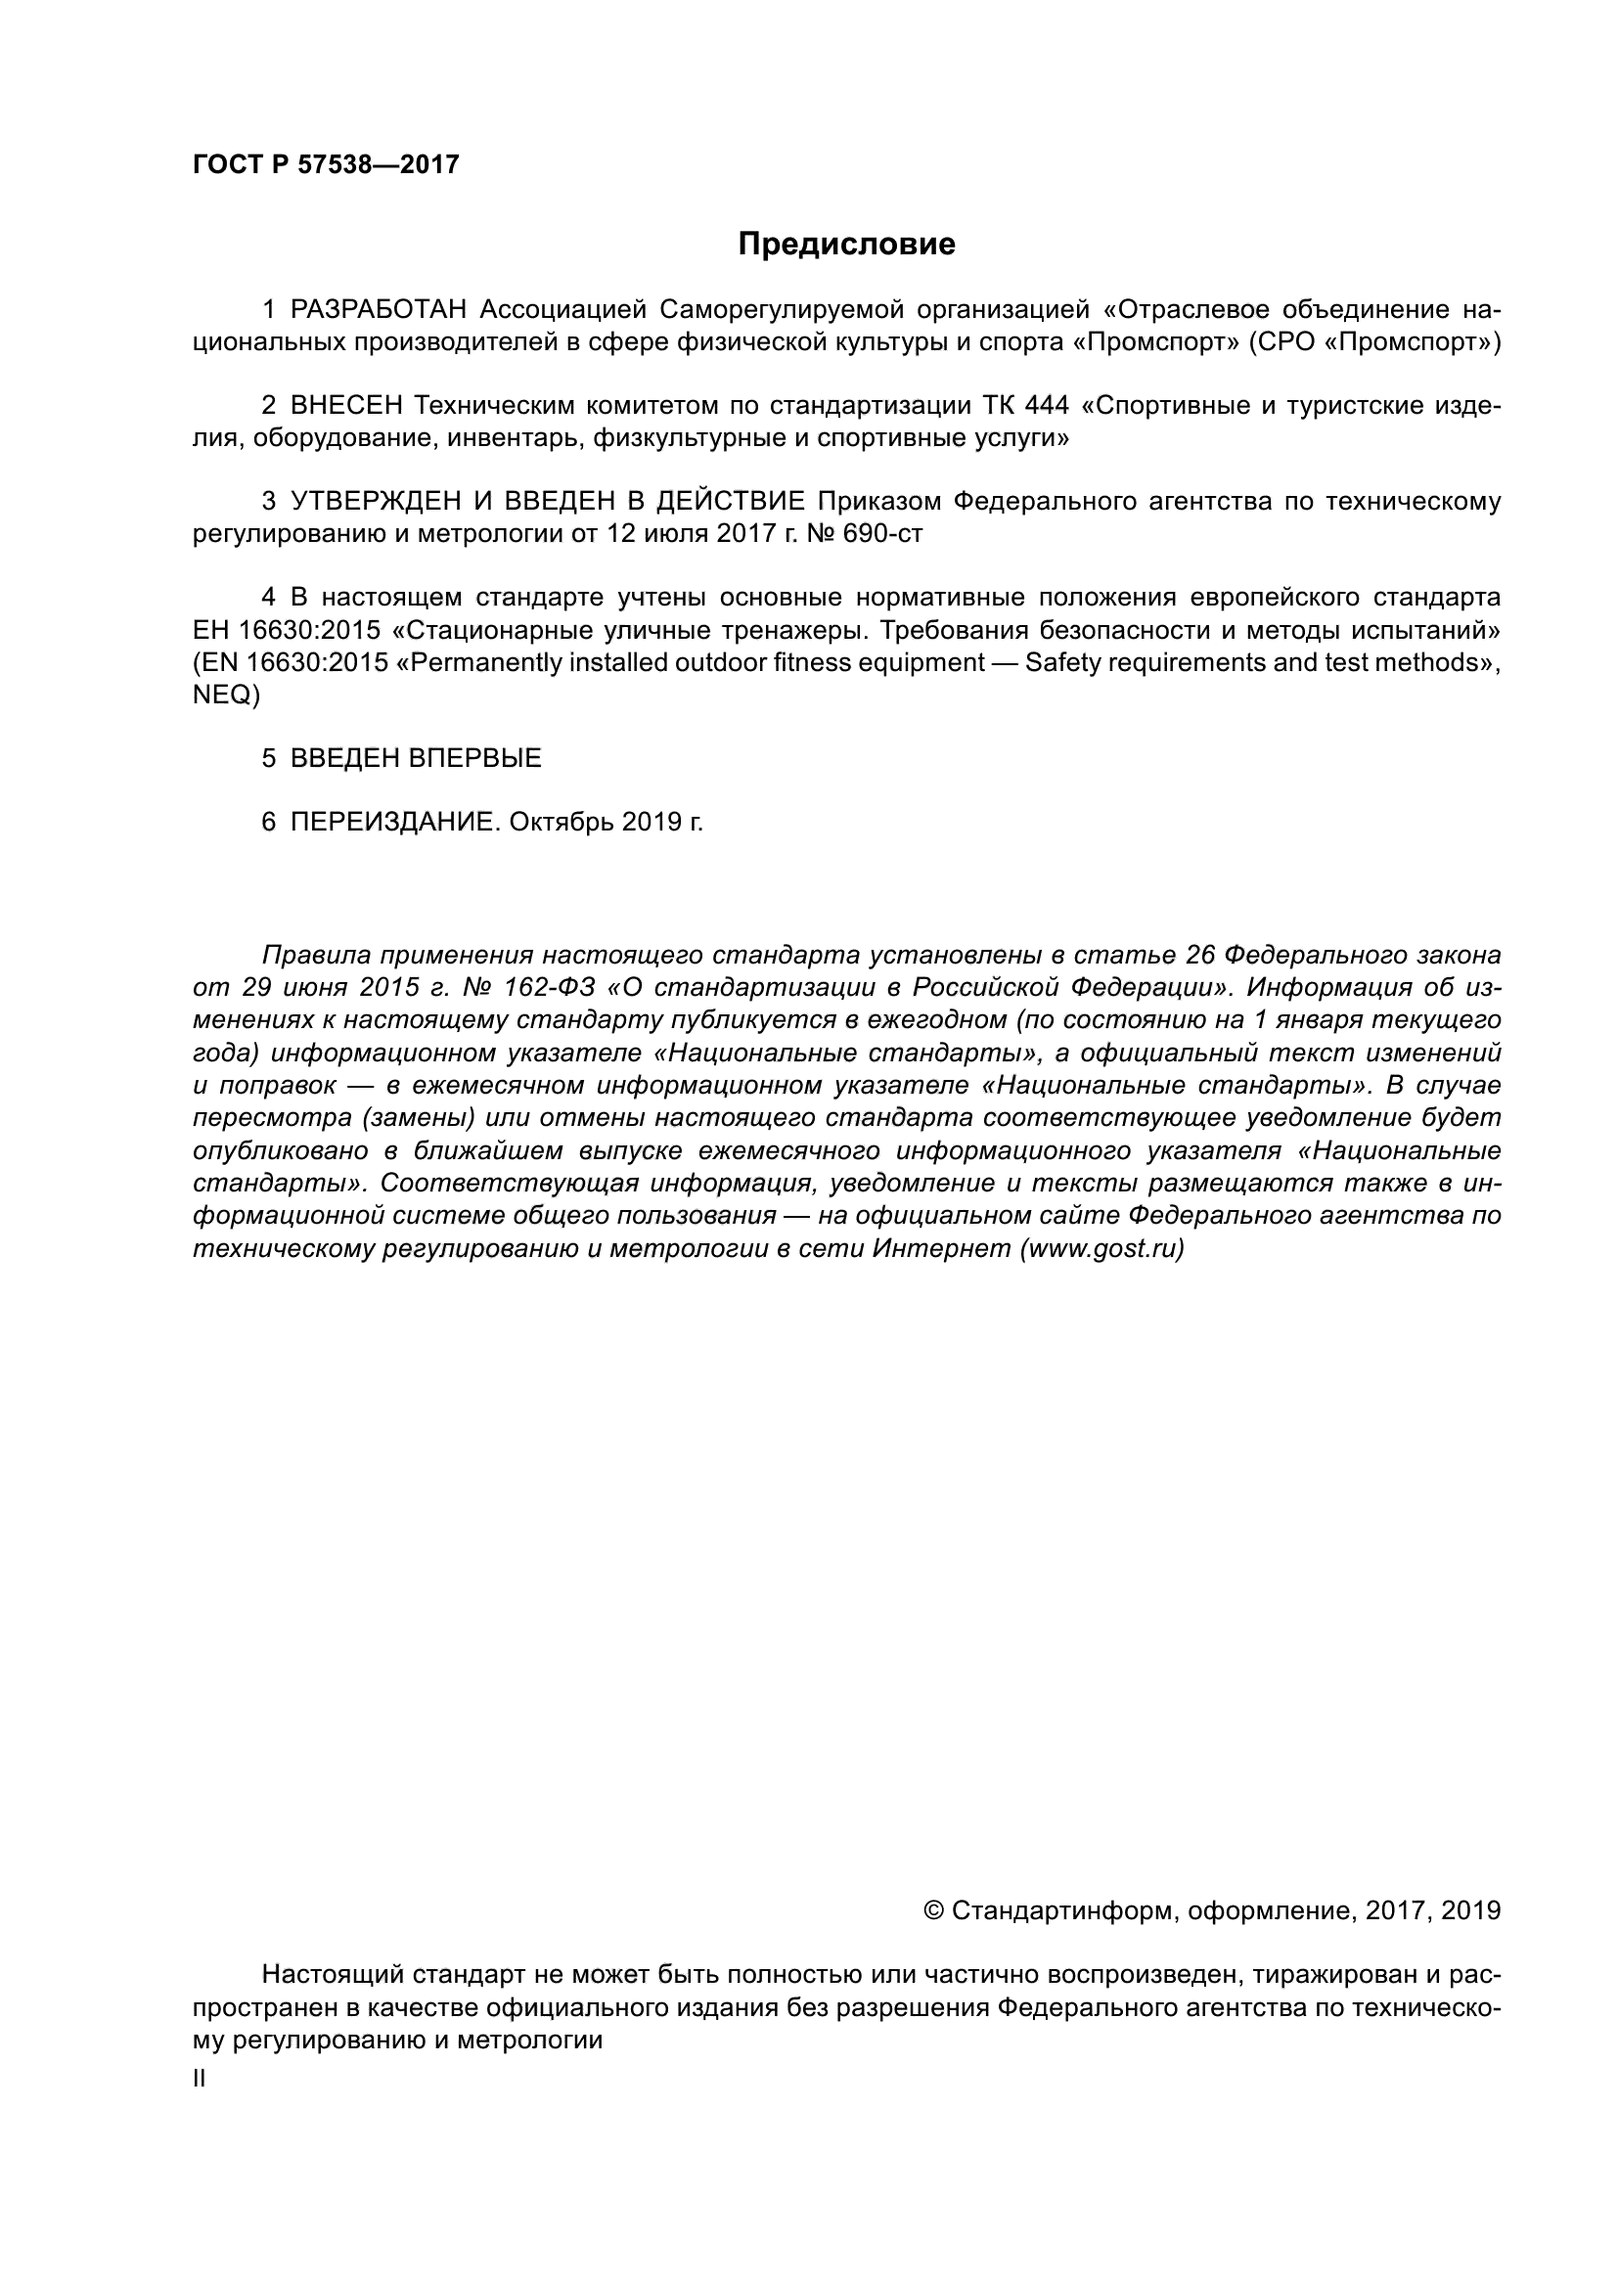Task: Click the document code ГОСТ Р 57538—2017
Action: pos(326,165)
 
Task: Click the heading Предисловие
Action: pos(846,245)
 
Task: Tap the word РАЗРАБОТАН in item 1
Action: pos(378,310)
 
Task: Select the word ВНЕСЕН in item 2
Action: pos(345,406)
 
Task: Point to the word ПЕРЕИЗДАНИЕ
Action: pos(391,822)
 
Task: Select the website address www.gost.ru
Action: pos(1101,1248)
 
